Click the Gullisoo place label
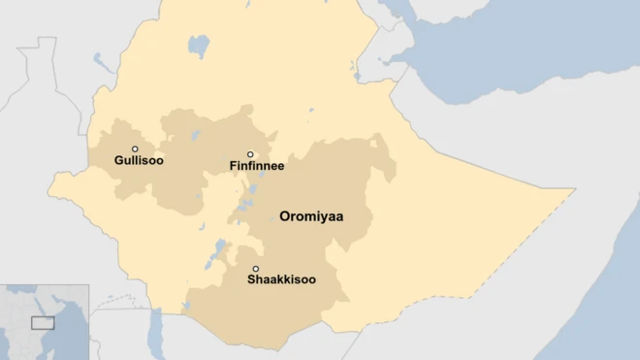[139, 161]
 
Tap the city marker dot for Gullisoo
[135, 148]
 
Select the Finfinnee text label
[257, 167]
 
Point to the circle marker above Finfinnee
[250, 154]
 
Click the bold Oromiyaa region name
[311, 216]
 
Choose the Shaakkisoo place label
[281, 279]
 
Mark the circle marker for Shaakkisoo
[256, 269]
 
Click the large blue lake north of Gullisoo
[199, 46]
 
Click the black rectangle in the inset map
[42, 322]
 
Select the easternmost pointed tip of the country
[573, 190]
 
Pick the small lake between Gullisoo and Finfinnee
[196, 135]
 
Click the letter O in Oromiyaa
[285, 216]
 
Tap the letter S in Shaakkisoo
[252, 279]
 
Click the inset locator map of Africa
[45, 322]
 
